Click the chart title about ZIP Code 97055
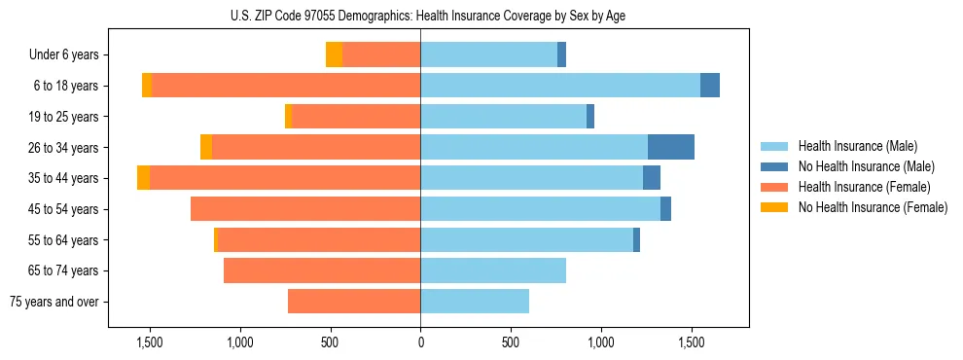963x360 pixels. tap(421, 16)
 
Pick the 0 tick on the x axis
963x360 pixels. tap(420, 342)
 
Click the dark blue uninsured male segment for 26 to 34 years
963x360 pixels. tap(671, 147)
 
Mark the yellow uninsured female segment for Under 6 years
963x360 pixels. tap(334, 54)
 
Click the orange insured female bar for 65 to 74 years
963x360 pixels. tap(322, 270)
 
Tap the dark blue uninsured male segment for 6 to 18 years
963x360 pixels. tap(710, 86)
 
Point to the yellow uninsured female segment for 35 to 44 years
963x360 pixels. tap(144, 178)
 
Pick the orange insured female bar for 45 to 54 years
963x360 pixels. tap(305, 209)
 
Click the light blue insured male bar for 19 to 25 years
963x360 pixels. tap(503, 117)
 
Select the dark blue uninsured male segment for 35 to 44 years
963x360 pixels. tap(652, 178)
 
